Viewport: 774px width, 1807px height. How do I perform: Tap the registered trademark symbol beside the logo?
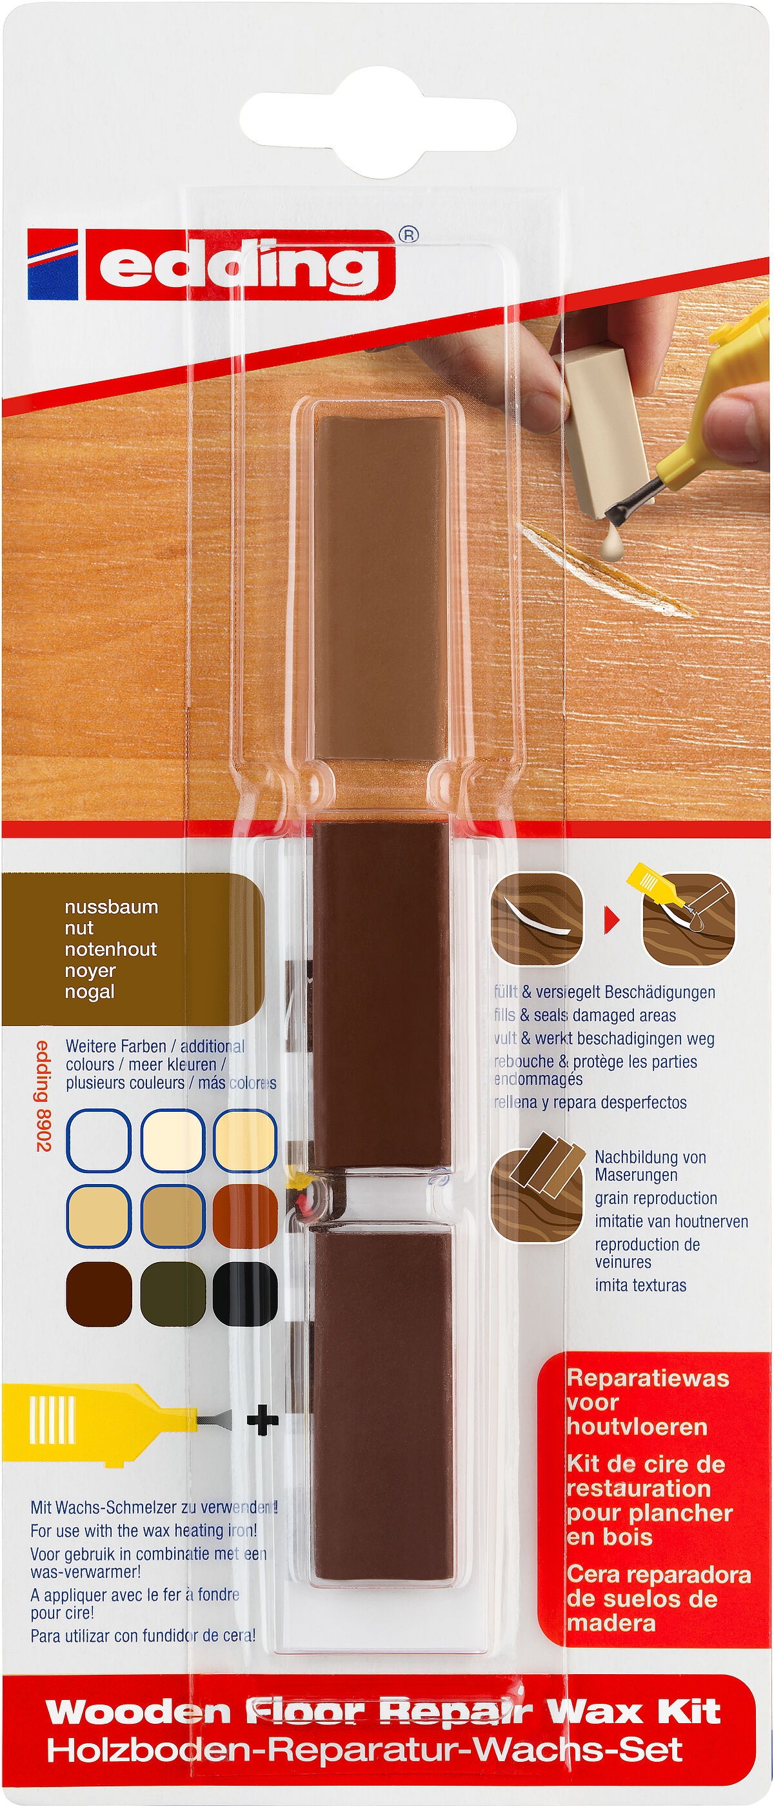coord(408,235)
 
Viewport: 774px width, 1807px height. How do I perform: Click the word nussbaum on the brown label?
coord(111,906)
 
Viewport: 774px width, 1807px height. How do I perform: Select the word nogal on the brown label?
coord(89,991)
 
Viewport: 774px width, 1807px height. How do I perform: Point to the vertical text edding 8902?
coord(43,1096)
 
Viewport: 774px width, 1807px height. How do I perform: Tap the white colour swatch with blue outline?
coord(98,1141)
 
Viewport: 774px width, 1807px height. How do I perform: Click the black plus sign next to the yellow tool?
coord(263,1421)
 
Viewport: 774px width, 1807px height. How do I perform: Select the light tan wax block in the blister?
coord(380,586)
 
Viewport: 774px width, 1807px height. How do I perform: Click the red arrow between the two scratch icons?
coord(612,920)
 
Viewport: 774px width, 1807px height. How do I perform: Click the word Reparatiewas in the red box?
coord(647,1378)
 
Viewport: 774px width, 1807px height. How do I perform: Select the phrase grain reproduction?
coord(655,1198)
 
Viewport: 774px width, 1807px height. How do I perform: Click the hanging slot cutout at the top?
coord(379,123)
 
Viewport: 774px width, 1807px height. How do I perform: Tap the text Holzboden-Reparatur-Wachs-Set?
coord(364,1750)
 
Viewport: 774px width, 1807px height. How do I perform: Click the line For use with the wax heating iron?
coord(143,1530)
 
